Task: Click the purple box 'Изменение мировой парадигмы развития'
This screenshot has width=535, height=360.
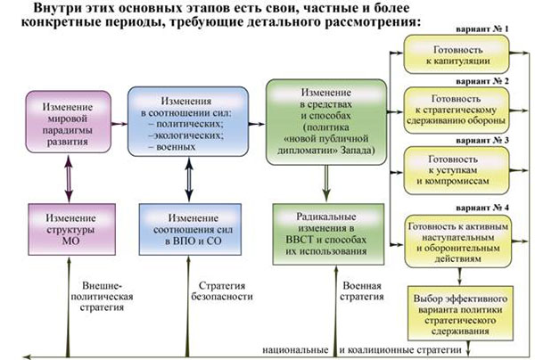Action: tap(69, 122)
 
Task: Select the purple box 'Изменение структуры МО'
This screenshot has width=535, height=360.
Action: tap(71, 229)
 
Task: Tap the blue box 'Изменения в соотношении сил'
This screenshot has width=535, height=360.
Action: tap(188, 121)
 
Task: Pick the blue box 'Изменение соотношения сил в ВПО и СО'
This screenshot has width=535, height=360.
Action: tap(190, 229)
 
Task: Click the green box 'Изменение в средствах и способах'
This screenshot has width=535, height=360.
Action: tap(326, 122)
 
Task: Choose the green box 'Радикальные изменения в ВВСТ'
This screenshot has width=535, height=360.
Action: tap(328, 234)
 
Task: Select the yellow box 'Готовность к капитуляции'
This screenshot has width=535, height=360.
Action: tap(457, 54)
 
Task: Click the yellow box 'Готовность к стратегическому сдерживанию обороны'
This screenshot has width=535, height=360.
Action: tap(457, 110)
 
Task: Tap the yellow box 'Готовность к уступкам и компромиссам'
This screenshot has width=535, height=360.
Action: tap(457, 170)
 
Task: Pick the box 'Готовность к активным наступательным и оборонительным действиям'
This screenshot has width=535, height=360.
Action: tap(458, 241)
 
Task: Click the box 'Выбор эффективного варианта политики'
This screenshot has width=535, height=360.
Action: tap(460, 313)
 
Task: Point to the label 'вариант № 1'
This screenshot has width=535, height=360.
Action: tap(482, 29)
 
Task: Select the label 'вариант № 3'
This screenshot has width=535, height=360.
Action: tap(482, 141)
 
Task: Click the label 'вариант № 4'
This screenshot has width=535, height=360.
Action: tap(482, 208)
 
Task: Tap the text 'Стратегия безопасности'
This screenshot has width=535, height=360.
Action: tap(222, 290)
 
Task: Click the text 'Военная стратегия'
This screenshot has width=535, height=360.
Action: tap(362, 290)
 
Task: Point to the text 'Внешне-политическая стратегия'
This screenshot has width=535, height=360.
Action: tap(102, 296)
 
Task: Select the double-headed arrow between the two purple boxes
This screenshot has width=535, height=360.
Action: tap(69, 178)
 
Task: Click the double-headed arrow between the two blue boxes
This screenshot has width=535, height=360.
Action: tap(189, 179)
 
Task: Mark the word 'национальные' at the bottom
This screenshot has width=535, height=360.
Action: tap(295, 350)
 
